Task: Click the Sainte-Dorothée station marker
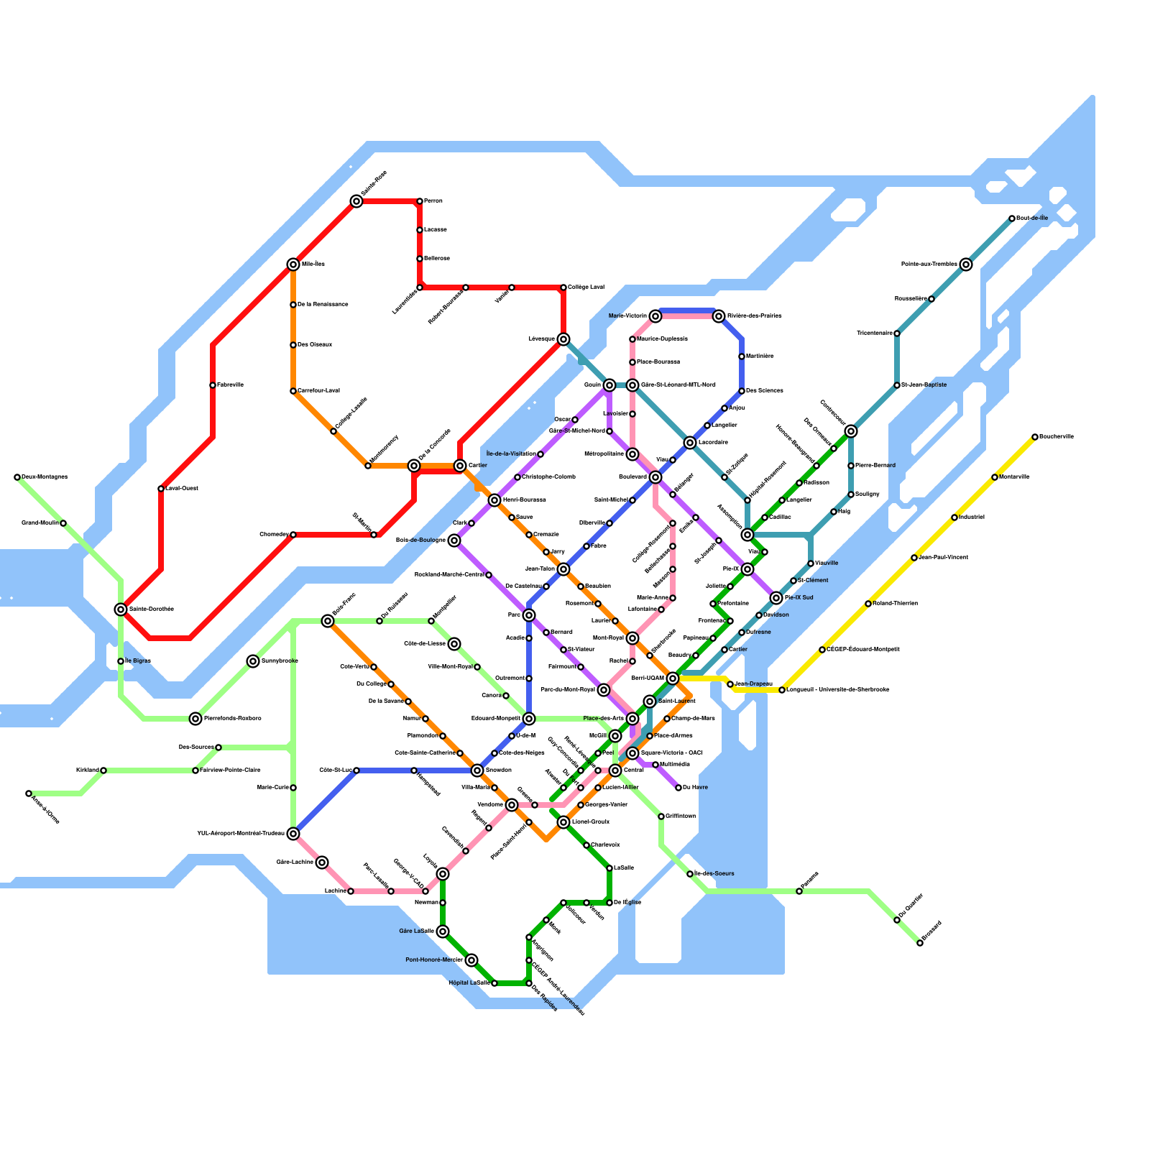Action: (x=121, y=609)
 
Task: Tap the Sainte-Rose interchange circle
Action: (x=356, y=201)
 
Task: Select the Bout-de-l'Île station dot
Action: (x=1012, y=218)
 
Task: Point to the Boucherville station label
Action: (x=1057, y=437)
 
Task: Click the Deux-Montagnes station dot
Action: (x=17, y=477)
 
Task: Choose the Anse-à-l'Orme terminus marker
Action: (x=29, y=793)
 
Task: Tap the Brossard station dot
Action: (x=920, y=943)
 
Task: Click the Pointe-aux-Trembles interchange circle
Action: (x=966, y=264)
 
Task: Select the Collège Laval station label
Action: (x=586, y=287)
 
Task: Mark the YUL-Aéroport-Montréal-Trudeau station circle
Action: (x=293, y=834)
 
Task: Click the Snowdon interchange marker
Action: (x=477, y=770)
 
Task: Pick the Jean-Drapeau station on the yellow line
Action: (x=730, y=684)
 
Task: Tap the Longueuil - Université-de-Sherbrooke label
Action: (x=838, y=690)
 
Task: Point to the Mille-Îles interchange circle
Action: (x=293, y=264)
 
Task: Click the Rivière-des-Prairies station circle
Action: (x=719, y=316)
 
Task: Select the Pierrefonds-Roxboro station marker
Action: (x=195, y=719)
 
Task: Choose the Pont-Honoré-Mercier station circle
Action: (x=471, y=960)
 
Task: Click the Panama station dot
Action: (x=799, y=891)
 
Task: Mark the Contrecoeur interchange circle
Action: (x=851, y=431)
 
